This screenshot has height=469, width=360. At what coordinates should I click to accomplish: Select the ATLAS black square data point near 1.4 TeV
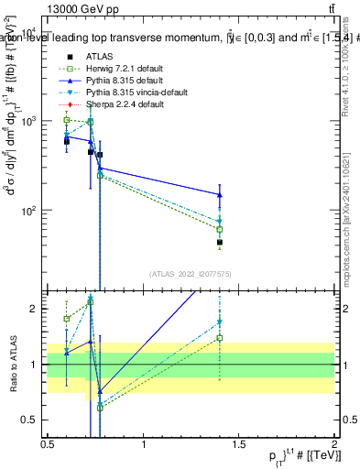220,243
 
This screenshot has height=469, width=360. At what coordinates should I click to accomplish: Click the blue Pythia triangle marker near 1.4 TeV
220,194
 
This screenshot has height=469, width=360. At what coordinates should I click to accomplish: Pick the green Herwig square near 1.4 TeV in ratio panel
220,338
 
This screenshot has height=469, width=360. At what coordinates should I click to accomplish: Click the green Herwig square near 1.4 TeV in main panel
220,229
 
